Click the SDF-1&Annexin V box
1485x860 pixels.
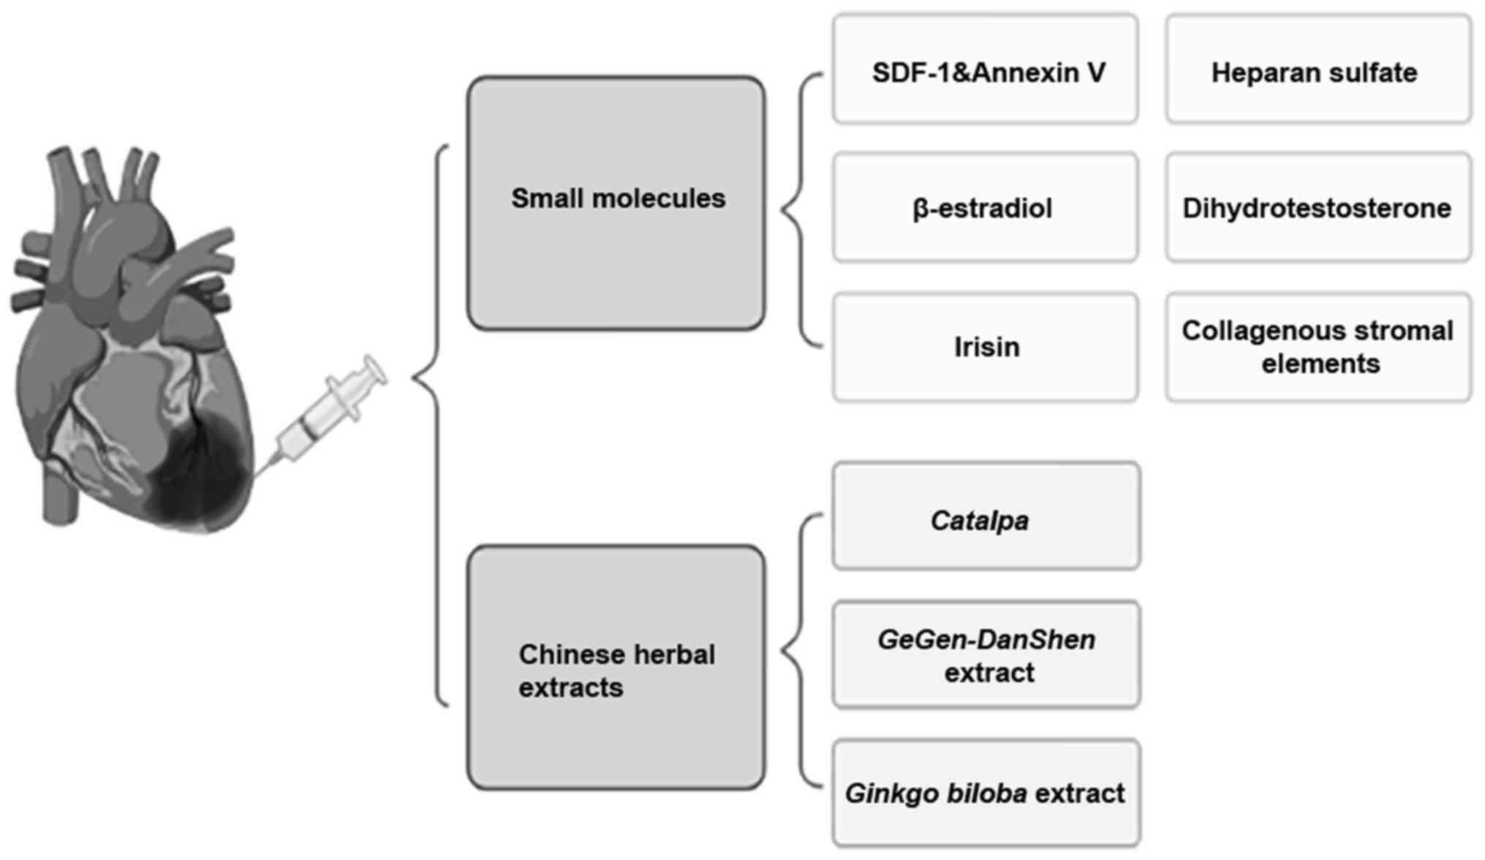tap(985, 69)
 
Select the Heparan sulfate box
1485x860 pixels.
tap(1318, 69)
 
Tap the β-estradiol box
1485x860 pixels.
tap(985, 208)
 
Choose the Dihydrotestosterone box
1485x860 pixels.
tap(1318, 208)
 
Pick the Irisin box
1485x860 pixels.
tap(985, 347)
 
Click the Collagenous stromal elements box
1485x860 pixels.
tap(1318, 347)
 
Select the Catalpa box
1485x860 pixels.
tap(986, 516)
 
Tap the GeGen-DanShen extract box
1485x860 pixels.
tap(986, 655)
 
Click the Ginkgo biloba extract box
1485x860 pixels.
tap(986, 793)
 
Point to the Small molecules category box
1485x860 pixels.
tap(616, 203)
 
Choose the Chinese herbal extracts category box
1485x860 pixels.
tap(616, 667)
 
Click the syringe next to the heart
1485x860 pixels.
tap(329, 413)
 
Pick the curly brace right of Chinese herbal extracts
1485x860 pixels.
tap(798, 649)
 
